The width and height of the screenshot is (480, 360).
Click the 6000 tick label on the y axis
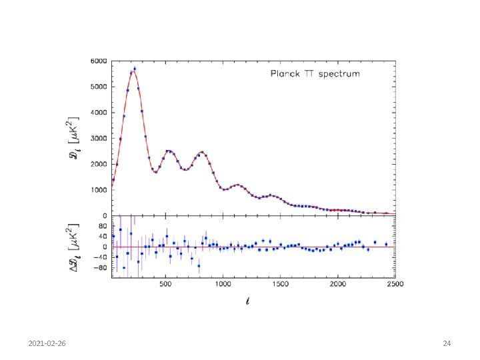[99, 61]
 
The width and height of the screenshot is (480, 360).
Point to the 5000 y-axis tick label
[99, 87]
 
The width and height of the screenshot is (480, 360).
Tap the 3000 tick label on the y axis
[99, 139]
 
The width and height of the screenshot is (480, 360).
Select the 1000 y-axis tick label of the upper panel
[99, 190]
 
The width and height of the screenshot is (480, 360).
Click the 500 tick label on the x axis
[165, 284]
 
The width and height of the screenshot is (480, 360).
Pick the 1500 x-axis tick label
[281, 284]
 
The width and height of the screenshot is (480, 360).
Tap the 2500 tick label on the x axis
[395, 284]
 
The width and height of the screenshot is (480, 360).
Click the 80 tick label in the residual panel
[103, 226]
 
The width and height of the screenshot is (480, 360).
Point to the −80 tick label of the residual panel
[100, 268]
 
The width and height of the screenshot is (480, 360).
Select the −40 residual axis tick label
[100, 257]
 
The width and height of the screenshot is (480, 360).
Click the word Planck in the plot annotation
[285, 74]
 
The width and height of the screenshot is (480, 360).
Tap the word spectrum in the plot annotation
[339, 75]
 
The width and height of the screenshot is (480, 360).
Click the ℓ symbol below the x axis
[247, 301]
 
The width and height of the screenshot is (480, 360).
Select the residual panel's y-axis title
[73, 247]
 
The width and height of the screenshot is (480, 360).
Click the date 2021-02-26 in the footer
[47, 343]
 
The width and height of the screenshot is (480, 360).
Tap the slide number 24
[447, 343]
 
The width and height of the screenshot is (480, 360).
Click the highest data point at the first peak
[135, 69]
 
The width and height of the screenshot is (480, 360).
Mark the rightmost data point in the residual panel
[386, 244]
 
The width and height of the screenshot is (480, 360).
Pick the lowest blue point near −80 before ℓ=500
[124, 268]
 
